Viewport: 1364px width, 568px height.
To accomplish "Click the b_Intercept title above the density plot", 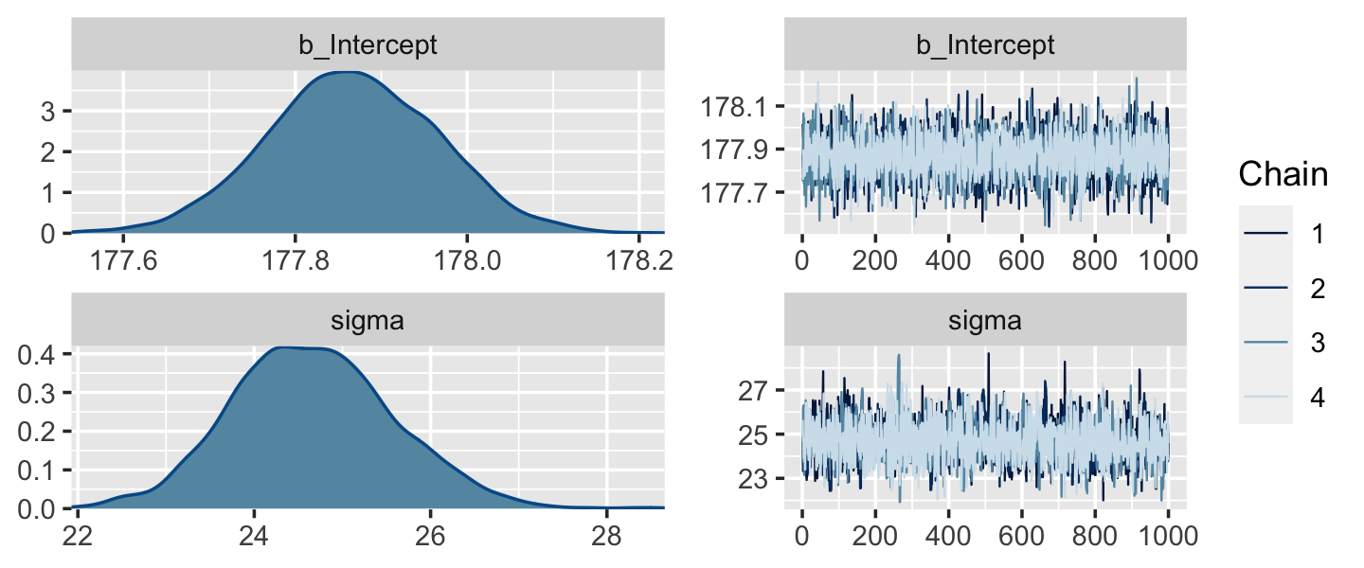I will tap(368, 45).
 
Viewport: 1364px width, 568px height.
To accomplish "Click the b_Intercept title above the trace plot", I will tap(985, 45).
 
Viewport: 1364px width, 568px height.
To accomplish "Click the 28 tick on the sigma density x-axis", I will tap(607, 535).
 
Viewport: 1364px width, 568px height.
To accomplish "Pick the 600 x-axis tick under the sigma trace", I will tap(1021, 535).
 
